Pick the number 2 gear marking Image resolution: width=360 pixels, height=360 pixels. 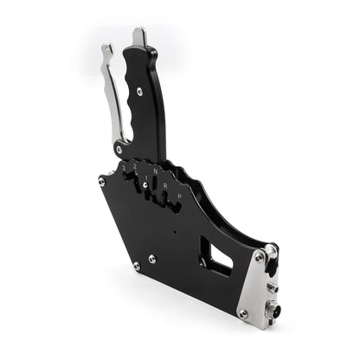[x=134, y=165]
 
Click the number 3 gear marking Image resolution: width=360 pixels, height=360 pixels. [x=124, y=164]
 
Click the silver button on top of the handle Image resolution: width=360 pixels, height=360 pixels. [x=139, y=37]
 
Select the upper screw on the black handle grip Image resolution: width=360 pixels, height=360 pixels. [x=138, y=91]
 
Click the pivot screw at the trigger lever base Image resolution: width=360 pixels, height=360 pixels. [x=119, y=149]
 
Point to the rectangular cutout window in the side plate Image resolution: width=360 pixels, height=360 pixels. [x=216, y=256]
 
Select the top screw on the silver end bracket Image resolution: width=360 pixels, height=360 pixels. [x=260, y=257]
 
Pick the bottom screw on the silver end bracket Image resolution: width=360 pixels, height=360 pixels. [x=243, y=313]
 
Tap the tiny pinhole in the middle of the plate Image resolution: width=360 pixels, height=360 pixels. [x=173, y=232]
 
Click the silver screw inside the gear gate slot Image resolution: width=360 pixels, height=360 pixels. [x=145, y=184]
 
